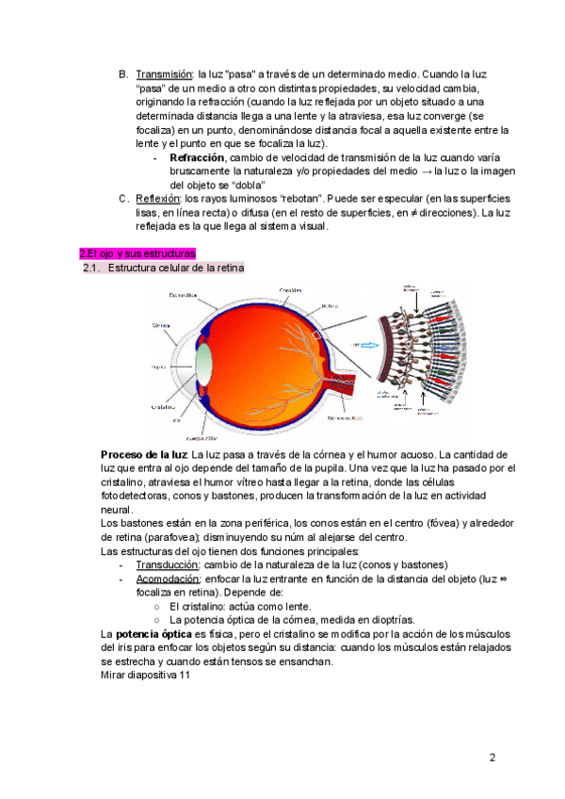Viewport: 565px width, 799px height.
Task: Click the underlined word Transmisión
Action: pos(164,73)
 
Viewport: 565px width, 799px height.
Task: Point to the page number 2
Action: pos(492,758)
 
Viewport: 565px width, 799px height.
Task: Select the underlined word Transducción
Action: pos(169,564)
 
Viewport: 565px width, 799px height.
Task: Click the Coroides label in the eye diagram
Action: pos(290,289)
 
